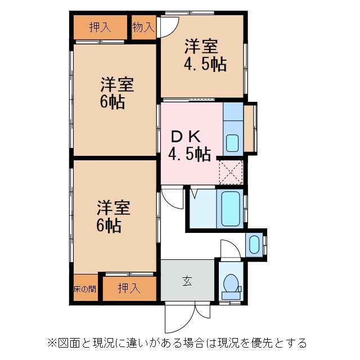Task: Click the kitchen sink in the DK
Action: tap(232, 143)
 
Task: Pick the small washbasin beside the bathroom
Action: tap(254, 244)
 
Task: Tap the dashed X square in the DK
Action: tap(231, 172)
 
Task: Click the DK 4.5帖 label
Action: tap(190, 145)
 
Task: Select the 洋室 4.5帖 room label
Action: tap(205, 55)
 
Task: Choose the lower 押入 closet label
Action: tap(129, 289)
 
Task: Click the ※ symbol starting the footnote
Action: tap(52, 342)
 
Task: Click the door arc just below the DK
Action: tap(172, 198)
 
